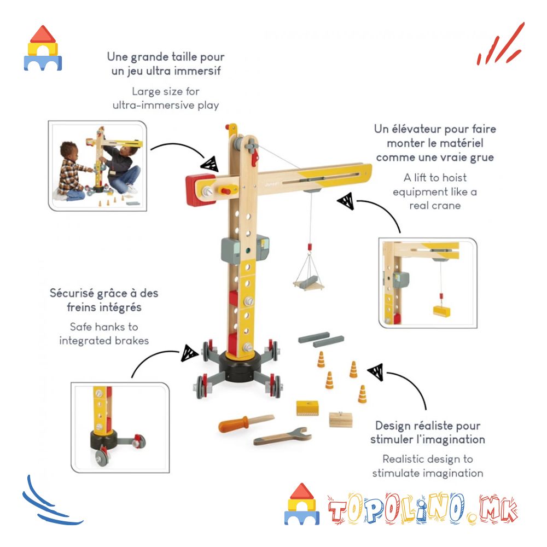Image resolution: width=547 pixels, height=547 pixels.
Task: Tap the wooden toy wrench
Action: tap(283, 436)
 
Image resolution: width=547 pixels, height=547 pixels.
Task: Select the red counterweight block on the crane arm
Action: tap(199, 190)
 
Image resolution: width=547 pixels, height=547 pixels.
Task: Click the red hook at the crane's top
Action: tap(255, 157)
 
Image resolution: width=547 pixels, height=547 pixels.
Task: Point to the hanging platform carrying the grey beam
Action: tap(309, 283)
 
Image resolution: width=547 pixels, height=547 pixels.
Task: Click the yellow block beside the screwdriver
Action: tap(307, 408)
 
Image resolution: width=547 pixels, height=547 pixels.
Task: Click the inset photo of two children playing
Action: tap(97, 166)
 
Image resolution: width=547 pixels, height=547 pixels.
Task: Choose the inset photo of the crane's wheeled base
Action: tap(120, 428)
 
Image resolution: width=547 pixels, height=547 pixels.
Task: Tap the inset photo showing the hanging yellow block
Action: tap(428, 283)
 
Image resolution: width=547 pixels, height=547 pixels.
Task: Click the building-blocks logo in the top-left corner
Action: tap(43, 48)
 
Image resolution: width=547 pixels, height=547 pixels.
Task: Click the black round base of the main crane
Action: tap(240, 367)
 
